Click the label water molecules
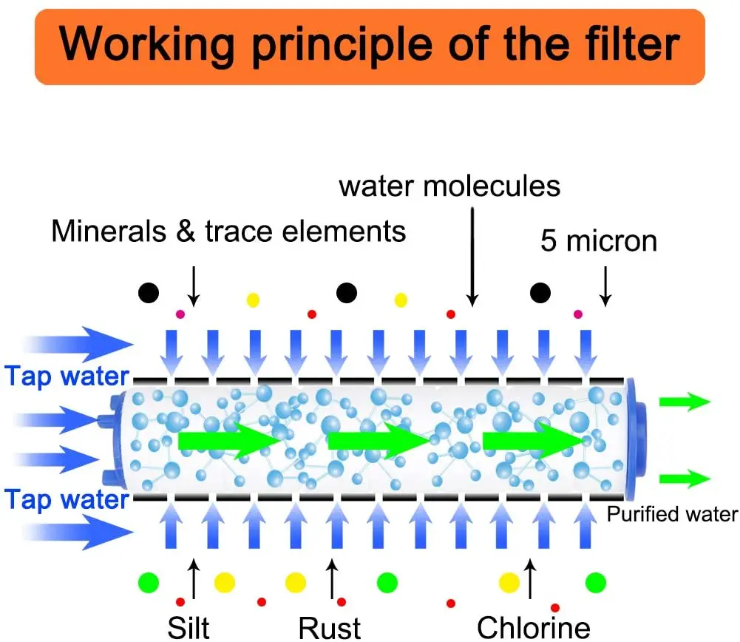click(x=449, y=186)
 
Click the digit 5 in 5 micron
click(x=548, y=241)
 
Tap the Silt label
click(x=189, y=627)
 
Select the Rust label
click(x=330, y=627)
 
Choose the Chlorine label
click(x=534, y=627)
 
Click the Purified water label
click(x=672, y=515)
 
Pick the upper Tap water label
click(x=67, y=376)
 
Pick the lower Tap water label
click(x=67, y=499)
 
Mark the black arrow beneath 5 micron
click(x=605, y=288)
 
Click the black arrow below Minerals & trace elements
click(x=193, y=287)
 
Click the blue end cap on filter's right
click(x=637, y=439)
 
